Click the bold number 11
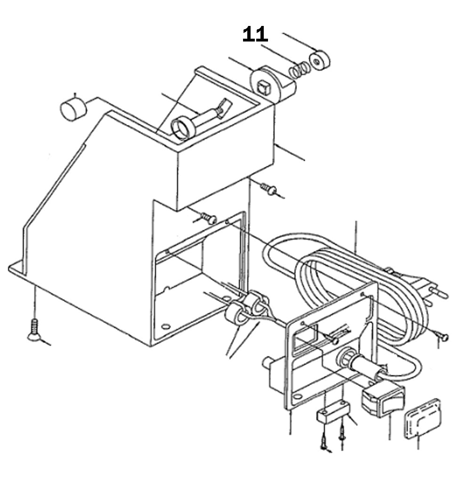click(x=255, y=34)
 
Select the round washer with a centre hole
click(x=320, y=60)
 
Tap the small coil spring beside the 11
click(x=299, y=70)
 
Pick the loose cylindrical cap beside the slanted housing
click(x=73, y=109)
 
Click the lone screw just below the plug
click(x=443, y=336)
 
